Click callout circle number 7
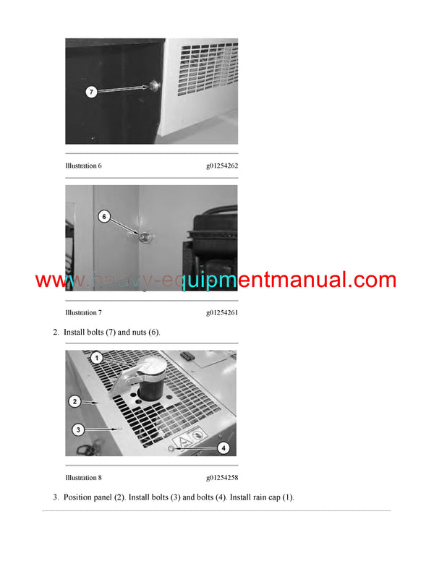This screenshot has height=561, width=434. coord(91,92)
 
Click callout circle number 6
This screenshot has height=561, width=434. coord(104,216)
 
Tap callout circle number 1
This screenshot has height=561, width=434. coord(97,358)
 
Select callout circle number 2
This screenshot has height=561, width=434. coord(75,401)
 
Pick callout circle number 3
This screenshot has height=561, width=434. coord(78,429)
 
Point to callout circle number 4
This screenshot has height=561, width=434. coord(224,448)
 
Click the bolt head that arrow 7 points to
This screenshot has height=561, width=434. coord(155,86)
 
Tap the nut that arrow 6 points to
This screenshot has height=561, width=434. coord(145,236)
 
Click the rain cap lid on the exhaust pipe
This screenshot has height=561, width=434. coord(152,366)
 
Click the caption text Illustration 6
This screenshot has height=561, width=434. coord(83,166)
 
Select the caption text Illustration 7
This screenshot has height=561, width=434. coord(83,313)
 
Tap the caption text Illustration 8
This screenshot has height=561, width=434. coord(83,478)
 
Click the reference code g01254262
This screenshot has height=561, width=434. coord(222,166)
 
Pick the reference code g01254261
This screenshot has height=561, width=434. coord(222,313)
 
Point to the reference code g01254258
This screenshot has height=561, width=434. coord(222,478)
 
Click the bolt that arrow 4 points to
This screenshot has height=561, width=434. coord(171,449)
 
